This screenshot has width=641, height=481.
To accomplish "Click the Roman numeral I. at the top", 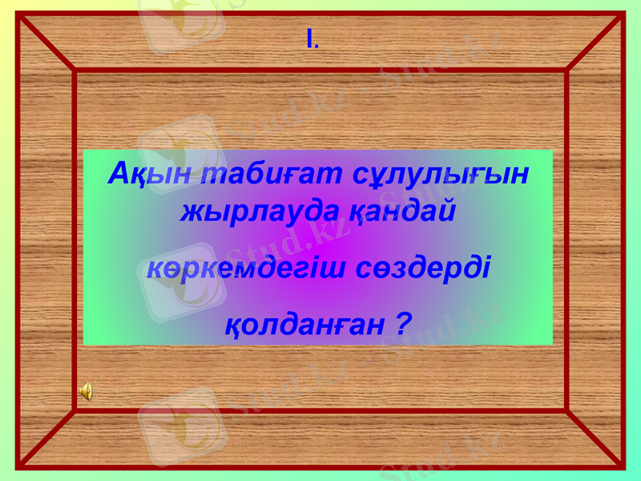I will pos(312,38).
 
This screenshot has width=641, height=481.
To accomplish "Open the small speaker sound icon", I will pos(85,390).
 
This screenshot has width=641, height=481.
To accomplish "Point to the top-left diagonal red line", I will pos(46,42).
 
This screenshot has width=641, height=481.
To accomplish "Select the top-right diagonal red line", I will pos(595,42).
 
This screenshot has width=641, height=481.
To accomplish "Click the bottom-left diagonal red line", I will pos(46,438).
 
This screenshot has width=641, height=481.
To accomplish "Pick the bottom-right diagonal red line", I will pos(595,438).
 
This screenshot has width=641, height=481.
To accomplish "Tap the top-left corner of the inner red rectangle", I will pos(75,71).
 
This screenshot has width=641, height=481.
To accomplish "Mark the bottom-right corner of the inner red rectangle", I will pos(566,410).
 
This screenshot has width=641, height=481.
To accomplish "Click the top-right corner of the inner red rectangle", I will pos(566,71).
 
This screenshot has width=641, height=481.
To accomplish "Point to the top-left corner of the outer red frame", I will pos(18,14).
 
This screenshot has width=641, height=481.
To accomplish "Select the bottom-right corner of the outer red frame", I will pos(623,466).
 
